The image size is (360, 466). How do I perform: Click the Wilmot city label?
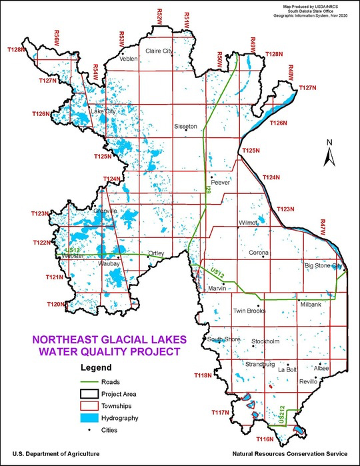click(248, 223)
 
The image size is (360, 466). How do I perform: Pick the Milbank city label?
click(311, 304)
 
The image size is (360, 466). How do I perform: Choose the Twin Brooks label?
click(249, 311)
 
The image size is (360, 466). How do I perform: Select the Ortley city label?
click(156, 253)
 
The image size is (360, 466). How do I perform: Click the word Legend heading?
click(95, 367)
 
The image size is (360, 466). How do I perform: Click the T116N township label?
click(265, 439)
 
